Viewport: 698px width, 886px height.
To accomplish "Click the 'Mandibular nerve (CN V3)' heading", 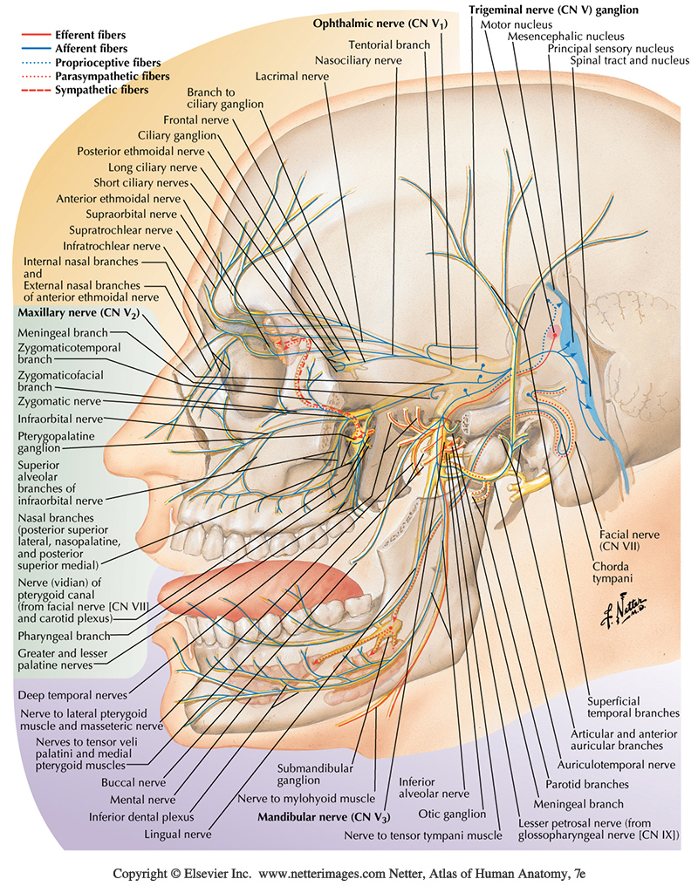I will tap(323, 818).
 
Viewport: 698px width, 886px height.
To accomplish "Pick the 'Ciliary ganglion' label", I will tap(176, 134).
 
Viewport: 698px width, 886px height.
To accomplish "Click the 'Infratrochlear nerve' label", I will tap(120, 245).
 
